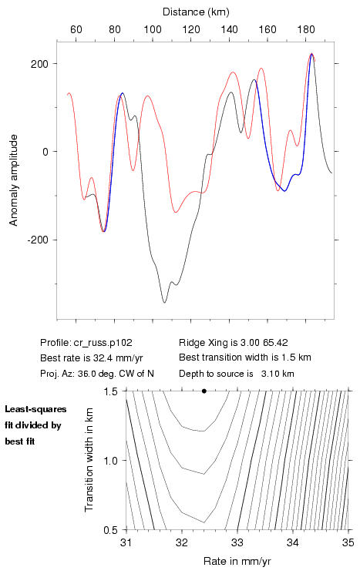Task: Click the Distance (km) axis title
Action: tap(196, 12)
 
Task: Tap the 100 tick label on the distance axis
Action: tap(153, 29)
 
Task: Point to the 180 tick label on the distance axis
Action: tap(306, 29)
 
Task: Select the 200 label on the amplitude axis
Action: tap(39, 64)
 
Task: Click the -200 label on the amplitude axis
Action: tap(37, 240)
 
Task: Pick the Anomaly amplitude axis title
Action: tap(14, 180)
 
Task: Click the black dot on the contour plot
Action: tap(204, 391)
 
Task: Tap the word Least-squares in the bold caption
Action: tap(36, 409)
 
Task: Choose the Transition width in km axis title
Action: tap(89, 460)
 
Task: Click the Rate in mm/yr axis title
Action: tap(237, 561)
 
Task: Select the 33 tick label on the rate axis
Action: tap(237, 542)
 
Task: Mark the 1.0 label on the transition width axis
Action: tap(110, 461)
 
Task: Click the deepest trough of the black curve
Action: tap(164, 302)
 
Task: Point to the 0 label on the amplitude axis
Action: tap(45, 152)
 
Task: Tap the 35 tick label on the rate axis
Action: tap(348, 542)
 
